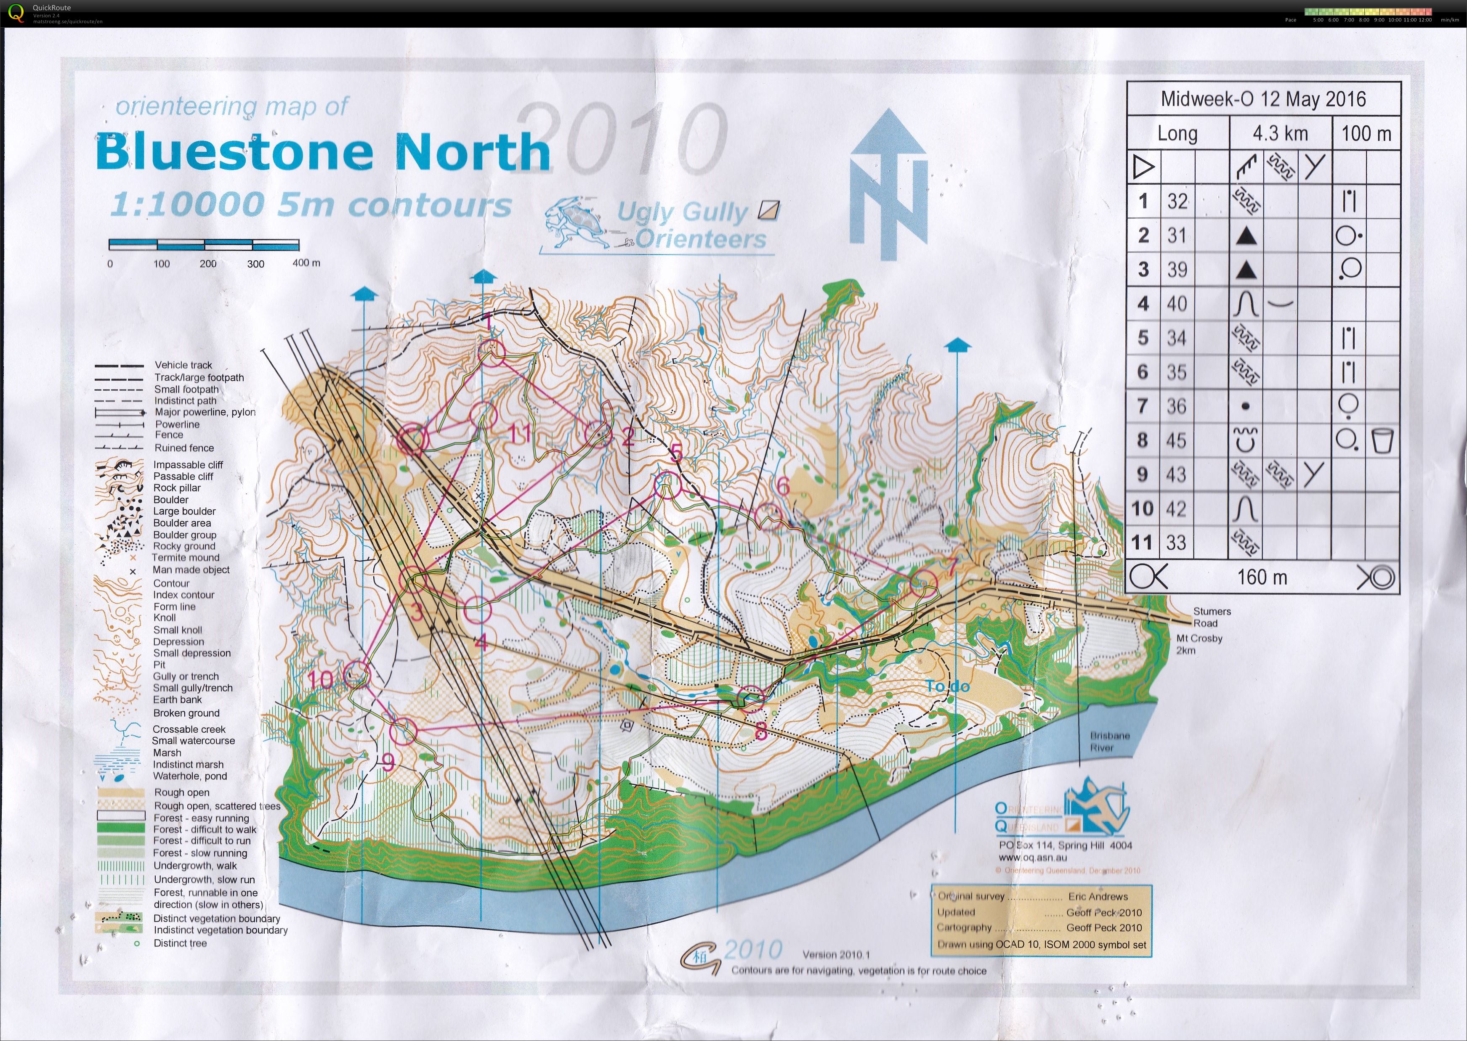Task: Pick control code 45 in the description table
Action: coord(1177,440)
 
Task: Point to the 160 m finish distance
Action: coord(1262,577)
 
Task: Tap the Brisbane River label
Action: coord(1109,741)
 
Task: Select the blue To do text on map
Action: coord(948,686)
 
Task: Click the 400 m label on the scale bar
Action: coord(306,263)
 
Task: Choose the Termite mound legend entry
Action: coord(185,558)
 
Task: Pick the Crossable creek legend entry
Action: coord(189,729)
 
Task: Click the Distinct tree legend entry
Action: coord(180,943)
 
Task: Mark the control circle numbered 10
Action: coord(357,674)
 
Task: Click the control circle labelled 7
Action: coord(923,583)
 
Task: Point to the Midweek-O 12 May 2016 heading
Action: coord(1262,99)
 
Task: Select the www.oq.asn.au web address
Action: coord(1032,857)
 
